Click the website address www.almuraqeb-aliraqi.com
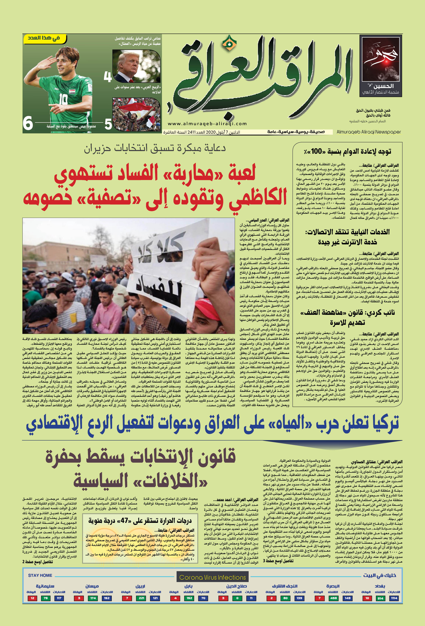pos(207,124)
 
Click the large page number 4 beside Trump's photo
pos(108,77)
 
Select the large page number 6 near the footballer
pos(28,123)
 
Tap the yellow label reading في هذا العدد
pos(44,38)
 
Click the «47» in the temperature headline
pos(124,520)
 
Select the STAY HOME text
pos(40,575)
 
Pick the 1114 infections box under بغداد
pos(394,598)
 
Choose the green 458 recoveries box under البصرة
pos(333,598)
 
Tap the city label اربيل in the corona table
pos(140,586)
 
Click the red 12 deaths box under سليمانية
pos(32,598)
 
